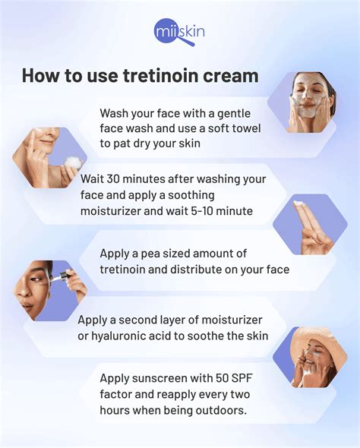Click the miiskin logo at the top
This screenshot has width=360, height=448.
(179, 32)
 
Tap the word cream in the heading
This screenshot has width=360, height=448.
(231, 76)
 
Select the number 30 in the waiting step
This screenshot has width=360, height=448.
(113, 179)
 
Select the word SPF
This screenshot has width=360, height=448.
(242, 378)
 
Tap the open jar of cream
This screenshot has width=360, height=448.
(74, 162)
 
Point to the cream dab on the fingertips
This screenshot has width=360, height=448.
(298, 203)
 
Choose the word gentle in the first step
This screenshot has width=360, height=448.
(234, 114)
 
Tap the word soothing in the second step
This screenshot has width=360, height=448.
(191, 196)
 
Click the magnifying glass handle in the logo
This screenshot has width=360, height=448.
(188, 41)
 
